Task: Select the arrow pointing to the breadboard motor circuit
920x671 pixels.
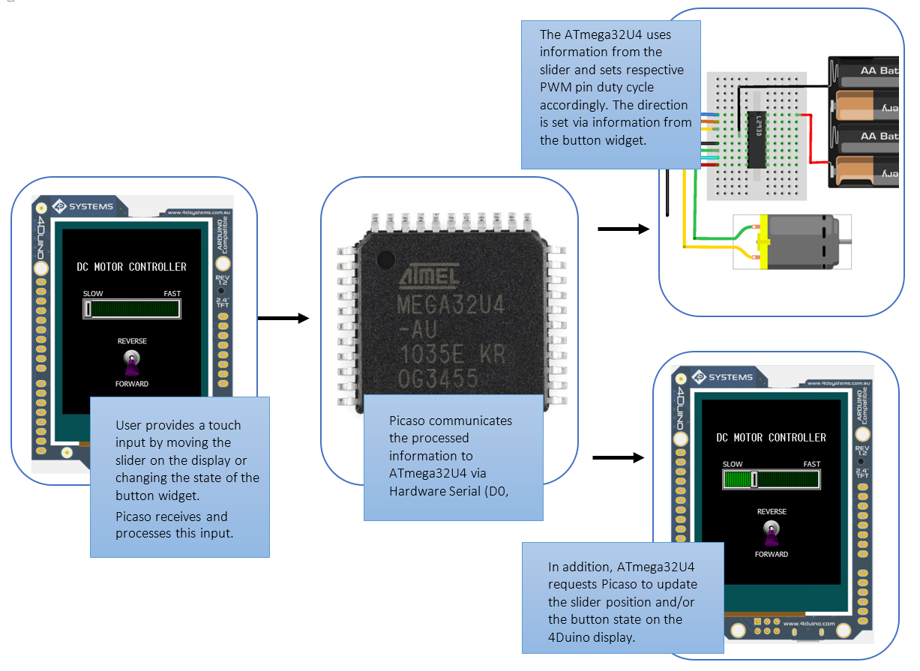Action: (x=623, y=229)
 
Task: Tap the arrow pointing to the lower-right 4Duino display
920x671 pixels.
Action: (x=619, y=457)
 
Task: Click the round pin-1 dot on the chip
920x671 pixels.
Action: (x=385, y=259)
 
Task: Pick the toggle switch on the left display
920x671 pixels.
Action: (x=132, y=363)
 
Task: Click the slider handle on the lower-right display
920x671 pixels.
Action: (x=755, y=479)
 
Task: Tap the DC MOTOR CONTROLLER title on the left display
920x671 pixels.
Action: (x=132, y=267)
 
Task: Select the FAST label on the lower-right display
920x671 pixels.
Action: (x=811, y=464)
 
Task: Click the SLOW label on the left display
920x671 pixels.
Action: (x=93, y=294)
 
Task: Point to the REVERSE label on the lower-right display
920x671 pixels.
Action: (x=772, y=511)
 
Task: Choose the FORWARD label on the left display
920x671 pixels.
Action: (x=132, y=384)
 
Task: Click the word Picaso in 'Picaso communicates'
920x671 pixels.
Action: (x=408, y=421)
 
